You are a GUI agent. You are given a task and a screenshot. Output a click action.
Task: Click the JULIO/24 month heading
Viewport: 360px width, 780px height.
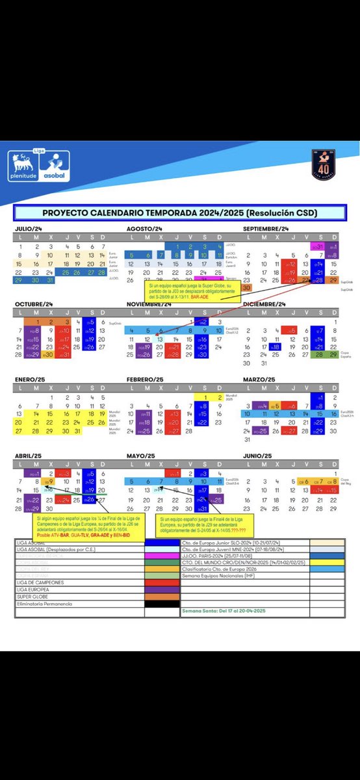coord(29,229)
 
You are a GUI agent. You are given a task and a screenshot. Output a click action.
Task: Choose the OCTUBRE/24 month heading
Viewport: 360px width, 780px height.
coord(32,304)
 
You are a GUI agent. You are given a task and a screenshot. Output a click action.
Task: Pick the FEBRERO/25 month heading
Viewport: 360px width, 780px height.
coord(146,379)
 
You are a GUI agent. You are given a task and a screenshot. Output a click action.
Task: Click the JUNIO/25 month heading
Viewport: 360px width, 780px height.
coord(257,455)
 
